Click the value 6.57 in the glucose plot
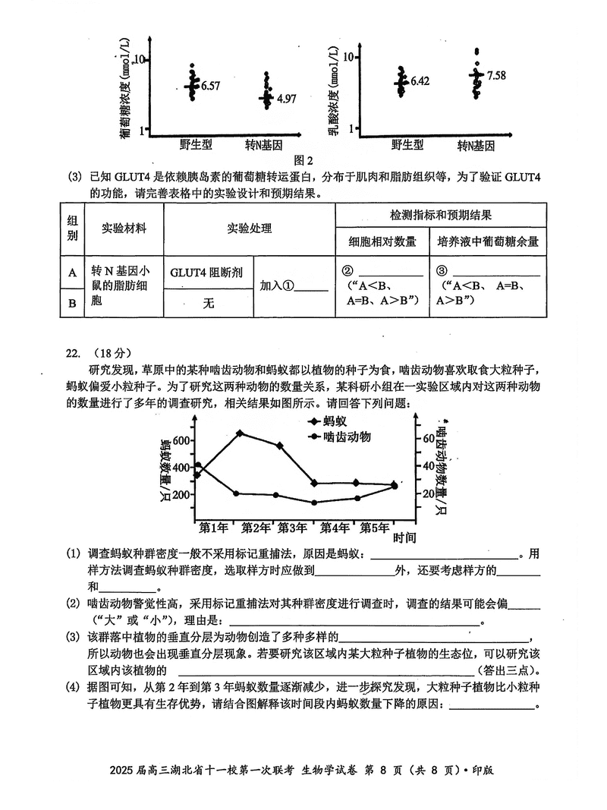click(x=210, y=87)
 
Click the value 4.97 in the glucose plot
click(x=286, y=99)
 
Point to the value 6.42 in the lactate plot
click(x=420, y=80)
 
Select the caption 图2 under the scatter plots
click(x=303, y=159)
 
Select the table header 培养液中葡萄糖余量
click(x=488, y=241)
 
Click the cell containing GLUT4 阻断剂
click(x=206, y=273)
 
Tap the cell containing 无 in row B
click(x=208, y=304)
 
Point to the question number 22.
click(x=74, y=353)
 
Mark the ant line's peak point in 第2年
click(x=240, y=433)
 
